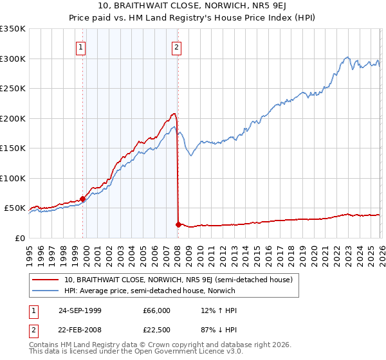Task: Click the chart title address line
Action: (193, 6)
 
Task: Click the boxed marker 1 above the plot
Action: (81, 46)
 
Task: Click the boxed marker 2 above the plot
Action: (176, 46)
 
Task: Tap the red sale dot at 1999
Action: (83, 199)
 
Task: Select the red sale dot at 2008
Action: (178, 224)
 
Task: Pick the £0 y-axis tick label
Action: (20, 238)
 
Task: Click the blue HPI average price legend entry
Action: (149, 291)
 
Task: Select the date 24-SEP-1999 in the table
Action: (85, 310)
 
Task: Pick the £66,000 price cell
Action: (156, 310)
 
